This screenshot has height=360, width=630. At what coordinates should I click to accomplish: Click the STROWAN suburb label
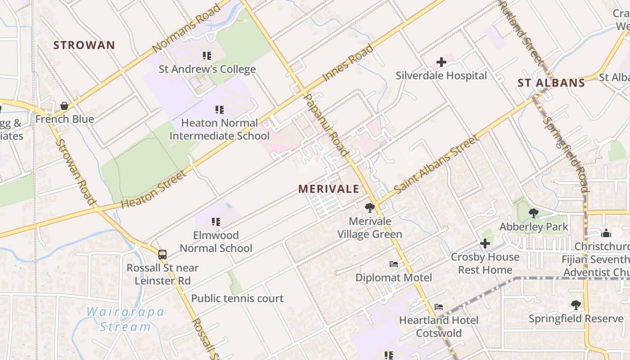coord(84,45)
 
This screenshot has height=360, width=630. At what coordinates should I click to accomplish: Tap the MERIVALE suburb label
coord(329,189)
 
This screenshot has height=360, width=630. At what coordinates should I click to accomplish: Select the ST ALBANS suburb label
coord(551,83)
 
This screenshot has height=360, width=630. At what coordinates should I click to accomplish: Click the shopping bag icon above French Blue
coord(64,106)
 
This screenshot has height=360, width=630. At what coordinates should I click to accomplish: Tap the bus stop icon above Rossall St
coord(162,254)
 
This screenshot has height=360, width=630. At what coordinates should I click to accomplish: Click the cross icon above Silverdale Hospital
coord(441,62)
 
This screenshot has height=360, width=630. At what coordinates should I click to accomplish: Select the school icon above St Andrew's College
coord(207,56)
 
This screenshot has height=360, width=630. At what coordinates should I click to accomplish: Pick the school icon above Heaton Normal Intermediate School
coord(220,109)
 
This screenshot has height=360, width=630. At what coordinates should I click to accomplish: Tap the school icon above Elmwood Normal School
coord(216,221)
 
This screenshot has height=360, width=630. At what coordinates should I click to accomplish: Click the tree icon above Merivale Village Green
coord(370,207)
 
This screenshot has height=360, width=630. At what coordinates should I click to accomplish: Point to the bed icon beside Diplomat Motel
coord(394,264)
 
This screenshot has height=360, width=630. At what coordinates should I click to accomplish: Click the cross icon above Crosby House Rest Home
coord(485,243)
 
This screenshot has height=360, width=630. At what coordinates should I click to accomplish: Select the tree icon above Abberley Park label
coord(534,213)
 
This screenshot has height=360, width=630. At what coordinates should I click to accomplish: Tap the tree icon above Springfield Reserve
coord(576,305)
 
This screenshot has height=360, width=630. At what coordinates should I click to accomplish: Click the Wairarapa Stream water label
coord(125,319)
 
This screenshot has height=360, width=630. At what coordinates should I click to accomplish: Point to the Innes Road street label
coord(348,63)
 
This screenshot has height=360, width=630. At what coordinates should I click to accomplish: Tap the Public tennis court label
coord(237,298)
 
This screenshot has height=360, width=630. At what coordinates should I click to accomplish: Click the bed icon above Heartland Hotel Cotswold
coord(439,307)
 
